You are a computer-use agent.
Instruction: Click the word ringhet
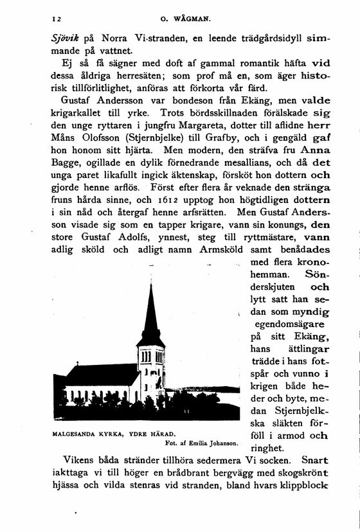(x=270, y=449)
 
